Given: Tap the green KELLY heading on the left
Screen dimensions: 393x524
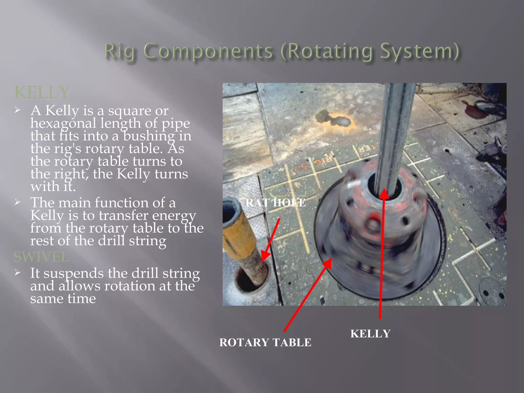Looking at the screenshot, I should [x=42, y=92].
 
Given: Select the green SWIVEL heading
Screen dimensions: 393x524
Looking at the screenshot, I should [x=41, y=257].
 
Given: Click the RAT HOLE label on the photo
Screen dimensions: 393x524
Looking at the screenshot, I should [x=276, y=203].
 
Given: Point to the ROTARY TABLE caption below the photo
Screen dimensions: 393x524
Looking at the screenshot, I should [x=265, y=342].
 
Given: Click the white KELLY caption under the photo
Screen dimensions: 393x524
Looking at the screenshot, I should [x=370, y=334].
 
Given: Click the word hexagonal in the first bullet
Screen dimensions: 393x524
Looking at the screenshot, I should [x=63, y=123].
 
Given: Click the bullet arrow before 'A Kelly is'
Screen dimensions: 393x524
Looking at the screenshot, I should [x=17, y=110].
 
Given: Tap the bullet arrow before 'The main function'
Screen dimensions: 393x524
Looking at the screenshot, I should [x=17, y=202].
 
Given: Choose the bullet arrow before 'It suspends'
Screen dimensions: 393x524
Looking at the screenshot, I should [x=17, y=273].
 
